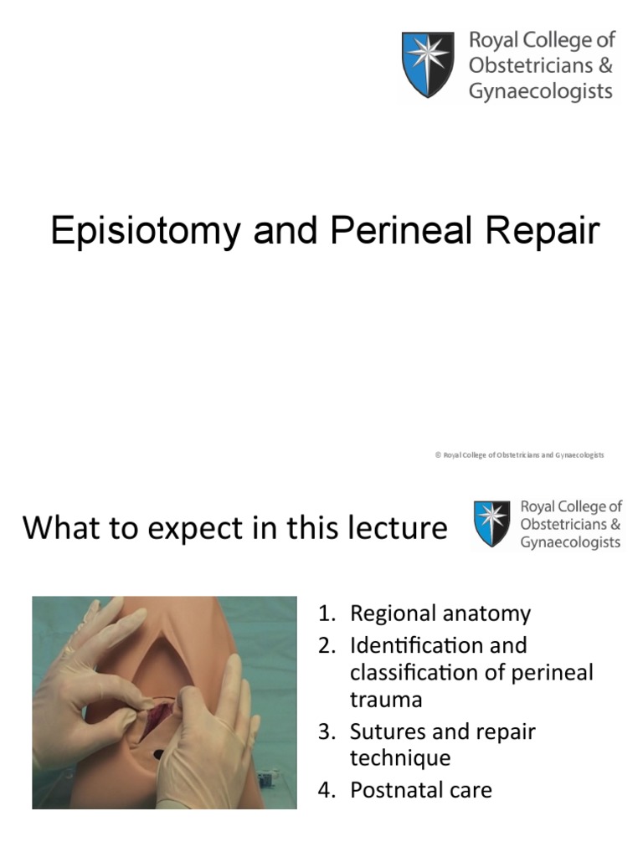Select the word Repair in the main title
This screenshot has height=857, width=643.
click(x=543, y=231)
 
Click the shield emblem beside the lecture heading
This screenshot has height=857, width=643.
click(x=491, y=524)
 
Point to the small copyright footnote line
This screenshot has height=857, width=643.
click(x=519, y=454)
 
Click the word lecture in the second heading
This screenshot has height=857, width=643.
click(x=393, y=528)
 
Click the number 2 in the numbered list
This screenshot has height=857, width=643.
click(x=324, y=646)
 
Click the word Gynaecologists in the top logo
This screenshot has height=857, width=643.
click(x=540, y=91)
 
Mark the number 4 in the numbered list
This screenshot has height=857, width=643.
click(x=324, y=789)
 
